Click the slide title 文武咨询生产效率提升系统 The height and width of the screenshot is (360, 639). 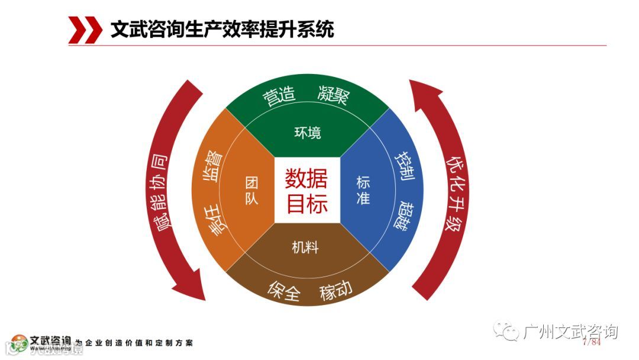pos(222,29)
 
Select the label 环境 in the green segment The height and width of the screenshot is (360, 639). pos(307,133)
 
